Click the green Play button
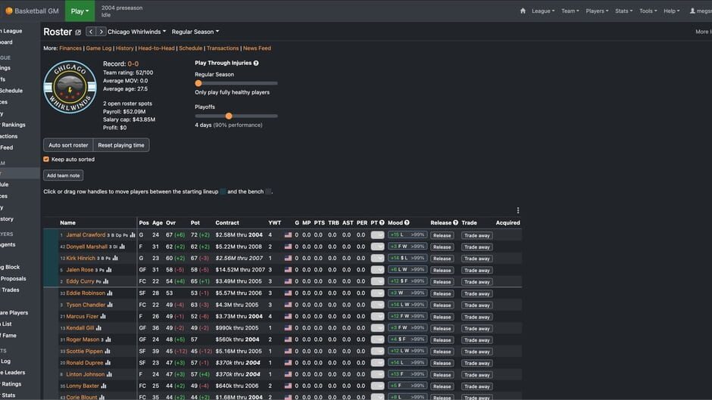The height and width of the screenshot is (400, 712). (x=80, y=11)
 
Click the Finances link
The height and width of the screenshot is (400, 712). (x=70, y=48)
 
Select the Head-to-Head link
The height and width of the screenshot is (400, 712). (x=156, y=48)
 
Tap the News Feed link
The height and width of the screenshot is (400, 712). (x=257, y=48)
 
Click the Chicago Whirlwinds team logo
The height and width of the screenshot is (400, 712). (x=70, y=87)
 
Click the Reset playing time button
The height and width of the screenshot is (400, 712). (x=120, y=145)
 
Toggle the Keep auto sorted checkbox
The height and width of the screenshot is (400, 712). (x=46, y=160)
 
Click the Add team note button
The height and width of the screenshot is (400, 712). (x=63, y=175)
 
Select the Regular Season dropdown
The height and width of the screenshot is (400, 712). (x=195, y=32)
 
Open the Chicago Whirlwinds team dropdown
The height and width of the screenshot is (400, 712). (x=136, y=32)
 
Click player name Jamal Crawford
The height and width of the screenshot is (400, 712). (x=86, y=235)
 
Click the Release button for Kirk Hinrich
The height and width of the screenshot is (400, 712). (x=442, y=259)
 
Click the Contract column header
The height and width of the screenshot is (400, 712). (x=227, y=223)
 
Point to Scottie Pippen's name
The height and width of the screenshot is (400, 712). (x=86, y=352)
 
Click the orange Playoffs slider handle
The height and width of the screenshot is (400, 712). (x=229, y=116)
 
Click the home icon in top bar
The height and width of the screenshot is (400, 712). (x=523, y=11)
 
